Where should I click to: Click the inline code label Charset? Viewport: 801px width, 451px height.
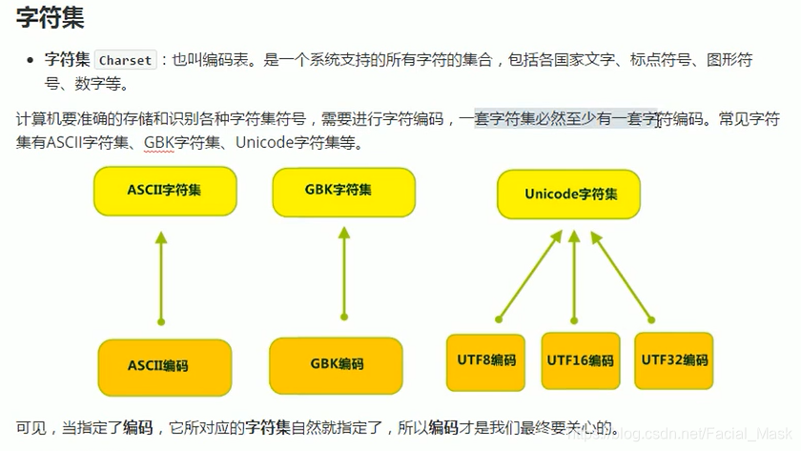[x=125, y=60]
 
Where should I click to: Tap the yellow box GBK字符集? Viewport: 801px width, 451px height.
[x=343, y=190]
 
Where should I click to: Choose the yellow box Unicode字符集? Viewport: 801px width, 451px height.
[x=569, y=194]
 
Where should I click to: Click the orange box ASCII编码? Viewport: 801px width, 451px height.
[x=164, y=365]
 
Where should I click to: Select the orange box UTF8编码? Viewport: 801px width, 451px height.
[x=487, y=360]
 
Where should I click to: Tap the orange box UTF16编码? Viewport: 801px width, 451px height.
[x=580, y=360]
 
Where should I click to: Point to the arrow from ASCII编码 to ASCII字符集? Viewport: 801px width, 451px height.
[x=161, y=277]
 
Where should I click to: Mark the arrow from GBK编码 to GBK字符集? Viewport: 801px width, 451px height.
[x=343, y=272]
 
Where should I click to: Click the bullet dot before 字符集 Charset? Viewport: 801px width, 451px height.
[x=30, y=60]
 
